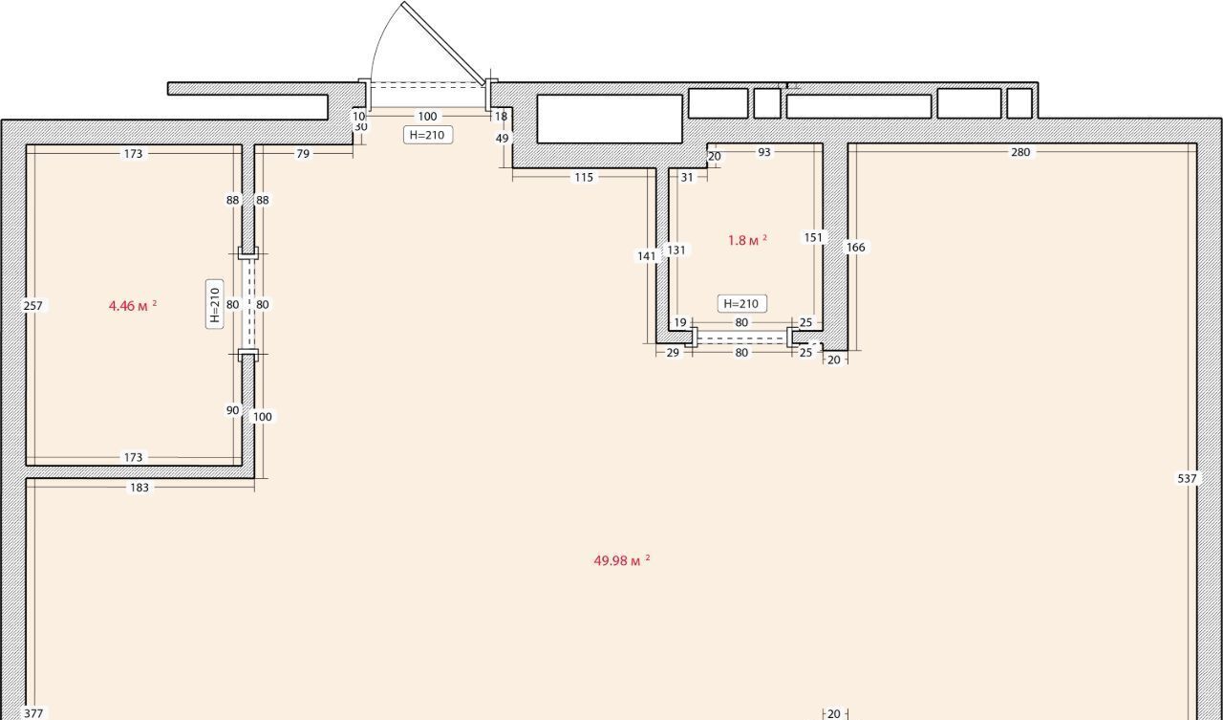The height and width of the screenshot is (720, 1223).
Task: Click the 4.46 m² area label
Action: (133, 305)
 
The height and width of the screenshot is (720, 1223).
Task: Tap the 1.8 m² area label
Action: (747, 240)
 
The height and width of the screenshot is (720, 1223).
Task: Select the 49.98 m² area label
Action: (622, 560)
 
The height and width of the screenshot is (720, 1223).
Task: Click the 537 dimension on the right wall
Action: (1187, 478)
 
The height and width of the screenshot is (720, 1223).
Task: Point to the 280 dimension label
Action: (1020, 152)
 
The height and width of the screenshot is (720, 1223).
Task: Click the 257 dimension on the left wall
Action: (32, 306)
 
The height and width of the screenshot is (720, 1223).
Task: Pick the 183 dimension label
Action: (139, 488)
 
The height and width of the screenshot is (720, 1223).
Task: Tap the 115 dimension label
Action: (584, 177)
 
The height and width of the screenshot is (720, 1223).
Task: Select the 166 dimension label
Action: (855, 248)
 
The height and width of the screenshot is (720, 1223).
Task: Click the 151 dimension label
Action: (813, 238)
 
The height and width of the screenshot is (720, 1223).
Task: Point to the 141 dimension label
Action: (647, 255)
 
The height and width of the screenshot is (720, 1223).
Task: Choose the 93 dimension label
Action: (764, 152)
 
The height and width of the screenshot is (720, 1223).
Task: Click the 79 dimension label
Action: (303, 154)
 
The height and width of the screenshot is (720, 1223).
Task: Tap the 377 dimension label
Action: (33, 713)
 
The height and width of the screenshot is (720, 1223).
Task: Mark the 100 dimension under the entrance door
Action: (427, 117)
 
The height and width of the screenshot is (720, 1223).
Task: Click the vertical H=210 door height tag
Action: (215, 304)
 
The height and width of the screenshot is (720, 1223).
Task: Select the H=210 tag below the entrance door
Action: (428, 135)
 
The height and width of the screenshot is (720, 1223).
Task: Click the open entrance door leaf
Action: (443, 44)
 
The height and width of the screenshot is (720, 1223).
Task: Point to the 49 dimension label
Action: (503, 139)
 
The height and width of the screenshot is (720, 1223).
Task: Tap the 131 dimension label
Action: (676, 251)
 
